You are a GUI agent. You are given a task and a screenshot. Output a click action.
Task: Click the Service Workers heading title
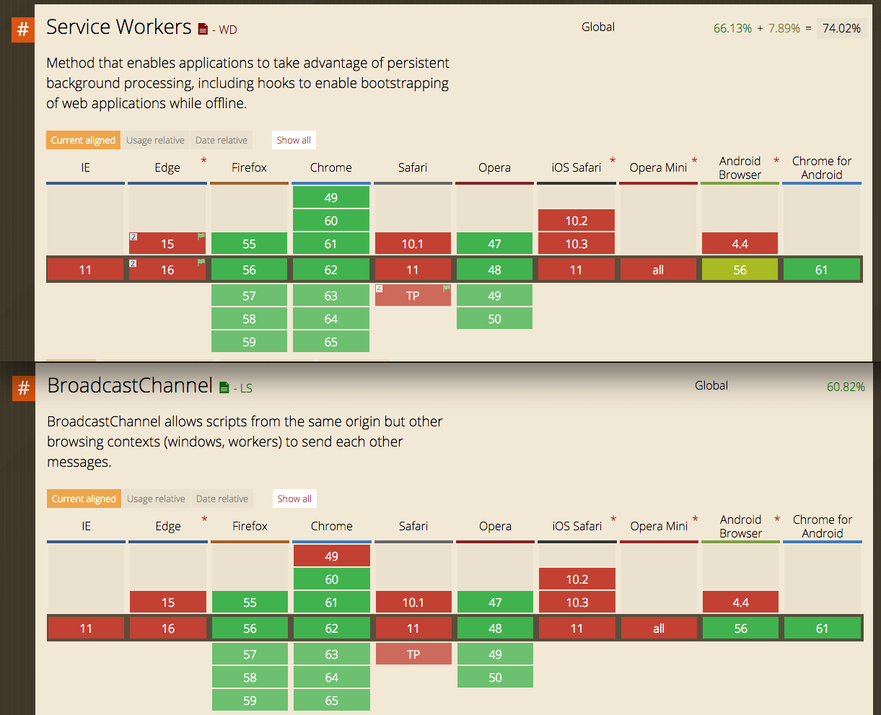[x=118, y=27]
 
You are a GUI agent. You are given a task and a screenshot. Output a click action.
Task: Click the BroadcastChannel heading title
[x=130, y=386]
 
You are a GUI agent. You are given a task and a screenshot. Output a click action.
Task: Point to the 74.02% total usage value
[x=841, y=28]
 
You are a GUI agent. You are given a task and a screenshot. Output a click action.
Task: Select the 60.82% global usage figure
[x=846, y=387]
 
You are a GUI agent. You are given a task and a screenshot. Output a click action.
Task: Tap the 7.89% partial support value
[x=784, y=28]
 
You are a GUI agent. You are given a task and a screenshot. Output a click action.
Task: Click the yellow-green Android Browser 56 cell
[x=740, y=270]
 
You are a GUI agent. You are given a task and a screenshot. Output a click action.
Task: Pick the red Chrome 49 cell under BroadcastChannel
[x=331, y=556]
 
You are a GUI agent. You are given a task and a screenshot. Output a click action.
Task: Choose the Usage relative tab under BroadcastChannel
[x=156, y=499]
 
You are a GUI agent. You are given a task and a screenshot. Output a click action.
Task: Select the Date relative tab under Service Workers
[x=221, y=140]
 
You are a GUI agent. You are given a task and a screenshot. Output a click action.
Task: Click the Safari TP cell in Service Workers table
[x=413, y=296]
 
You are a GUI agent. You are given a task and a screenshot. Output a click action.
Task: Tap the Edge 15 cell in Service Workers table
[x=167, y=244]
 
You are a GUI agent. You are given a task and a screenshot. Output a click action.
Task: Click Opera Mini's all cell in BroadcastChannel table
[x=659, y=628]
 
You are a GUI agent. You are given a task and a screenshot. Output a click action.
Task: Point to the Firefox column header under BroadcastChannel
[x=250, y=526]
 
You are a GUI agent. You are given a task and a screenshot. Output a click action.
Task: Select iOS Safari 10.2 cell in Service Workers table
[x=577, y=221]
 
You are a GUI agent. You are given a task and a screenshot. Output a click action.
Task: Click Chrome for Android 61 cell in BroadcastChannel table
[x=822, y=628]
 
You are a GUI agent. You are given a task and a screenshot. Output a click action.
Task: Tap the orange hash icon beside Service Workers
[x=23, y=30]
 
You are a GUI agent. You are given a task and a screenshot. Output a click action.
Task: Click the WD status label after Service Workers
[x=227, y=30]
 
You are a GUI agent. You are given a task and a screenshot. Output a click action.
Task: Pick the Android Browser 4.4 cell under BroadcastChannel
[x=740, y=602]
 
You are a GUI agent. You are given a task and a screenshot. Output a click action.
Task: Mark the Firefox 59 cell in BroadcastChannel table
[x=250, y=701]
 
